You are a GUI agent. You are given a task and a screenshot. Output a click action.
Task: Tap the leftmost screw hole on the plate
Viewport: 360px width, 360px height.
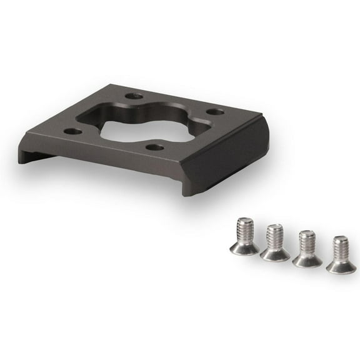click(73, 132)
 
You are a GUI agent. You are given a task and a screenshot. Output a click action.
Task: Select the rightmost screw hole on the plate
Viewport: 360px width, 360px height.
click(215, 112)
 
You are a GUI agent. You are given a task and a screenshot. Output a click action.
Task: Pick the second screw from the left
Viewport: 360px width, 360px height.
click(275, 242)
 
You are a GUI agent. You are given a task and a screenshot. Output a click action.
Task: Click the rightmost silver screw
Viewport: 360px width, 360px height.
click(341, 254)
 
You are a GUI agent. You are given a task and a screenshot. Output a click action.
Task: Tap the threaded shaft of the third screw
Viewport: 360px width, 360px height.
click(307, 240)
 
